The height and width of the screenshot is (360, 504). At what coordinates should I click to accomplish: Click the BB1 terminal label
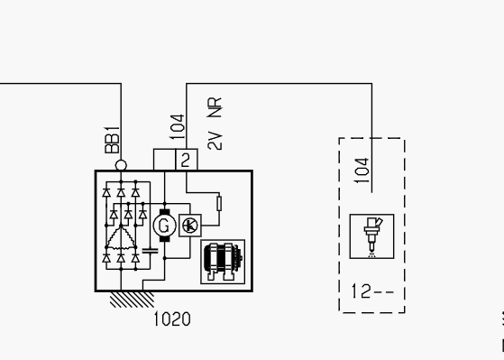click(x=112, y=140)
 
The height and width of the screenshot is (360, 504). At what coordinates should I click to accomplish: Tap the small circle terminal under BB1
click(x=121, y=165)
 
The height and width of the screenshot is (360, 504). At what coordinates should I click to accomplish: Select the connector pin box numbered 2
click(x=187, y=160)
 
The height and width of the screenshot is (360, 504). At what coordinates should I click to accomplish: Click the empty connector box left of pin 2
click(x=165, y=160)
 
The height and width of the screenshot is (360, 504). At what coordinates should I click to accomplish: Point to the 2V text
click(x=215, y=141)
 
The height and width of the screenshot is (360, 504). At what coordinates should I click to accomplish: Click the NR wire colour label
click(x=215, y=107)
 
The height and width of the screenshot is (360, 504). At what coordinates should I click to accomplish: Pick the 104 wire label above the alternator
click(x=177, y=127)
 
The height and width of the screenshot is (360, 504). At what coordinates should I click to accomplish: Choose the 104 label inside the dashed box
click(x=362, y=171)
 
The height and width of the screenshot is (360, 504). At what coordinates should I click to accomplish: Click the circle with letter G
click(x=165, y=226)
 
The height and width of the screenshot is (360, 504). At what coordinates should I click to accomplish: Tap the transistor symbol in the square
click(x=190, y=226)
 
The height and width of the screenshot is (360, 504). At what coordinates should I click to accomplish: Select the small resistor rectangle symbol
click(x=219, y=203)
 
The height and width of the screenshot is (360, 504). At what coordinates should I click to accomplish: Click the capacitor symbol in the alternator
click(x=150, y=251)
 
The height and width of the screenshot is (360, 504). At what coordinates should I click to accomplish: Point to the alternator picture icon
click(x=223, y=262)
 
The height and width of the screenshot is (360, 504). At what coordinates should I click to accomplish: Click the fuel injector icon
click(x=371, y=236)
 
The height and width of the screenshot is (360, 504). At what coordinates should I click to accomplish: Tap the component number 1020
click(x=172, y=319)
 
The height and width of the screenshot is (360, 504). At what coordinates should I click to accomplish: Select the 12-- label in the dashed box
click(x=372, y=291)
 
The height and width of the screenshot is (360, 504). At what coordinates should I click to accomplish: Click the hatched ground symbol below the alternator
click(x=133, y=300)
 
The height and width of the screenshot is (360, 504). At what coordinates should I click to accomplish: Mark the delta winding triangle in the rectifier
click(x=121, y=237)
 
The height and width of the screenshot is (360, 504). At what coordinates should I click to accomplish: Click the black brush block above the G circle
click(x=165, y=212)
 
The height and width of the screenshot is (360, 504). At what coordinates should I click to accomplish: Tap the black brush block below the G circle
click(x=165, y=239)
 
